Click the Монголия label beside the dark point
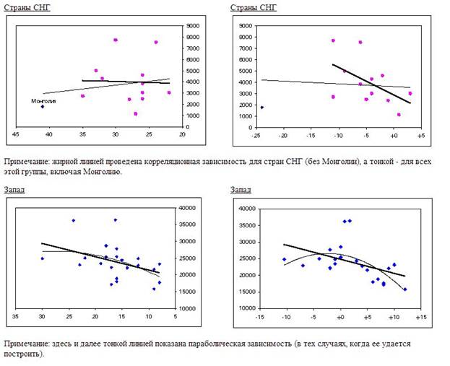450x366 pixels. (x=43, y=101)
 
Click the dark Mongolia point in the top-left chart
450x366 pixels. (x=43, y=107)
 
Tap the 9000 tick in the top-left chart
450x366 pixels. (x=194, y=26)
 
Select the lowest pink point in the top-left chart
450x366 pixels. (x=135, y=113)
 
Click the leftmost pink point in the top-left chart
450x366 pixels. (x=82, y=96)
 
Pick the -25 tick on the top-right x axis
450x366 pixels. (x=255, y=135)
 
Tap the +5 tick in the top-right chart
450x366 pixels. (x=421, y=135)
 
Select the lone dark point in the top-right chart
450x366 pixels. (x=261, y=108)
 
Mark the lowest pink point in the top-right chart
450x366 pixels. (x=399, y=114)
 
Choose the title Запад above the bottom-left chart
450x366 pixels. (x=14, y=188)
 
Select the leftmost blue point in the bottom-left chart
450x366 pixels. (x=42, y=258)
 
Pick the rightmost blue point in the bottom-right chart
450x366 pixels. (x=405, y=289)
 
